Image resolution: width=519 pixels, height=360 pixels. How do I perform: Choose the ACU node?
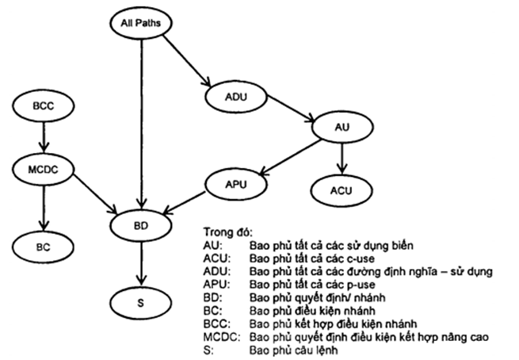point(342,190)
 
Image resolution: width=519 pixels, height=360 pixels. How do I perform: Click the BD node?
point(141,226)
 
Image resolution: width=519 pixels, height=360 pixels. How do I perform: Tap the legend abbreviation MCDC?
point(219,337)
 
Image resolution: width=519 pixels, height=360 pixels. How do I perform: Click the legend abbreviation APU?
point(215,283)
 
